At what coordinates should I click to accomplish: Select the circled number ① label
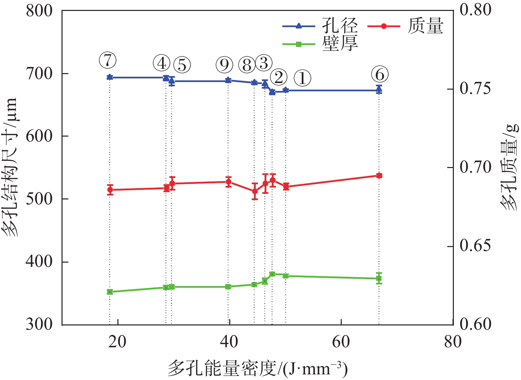(x=302, y=78)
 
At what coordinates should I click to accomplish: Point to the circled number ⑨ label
(x=224, y=64)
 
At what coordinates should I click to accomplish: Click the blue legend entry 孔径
(x=340, y=25)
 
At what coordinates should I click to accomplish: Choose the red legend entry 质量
(x=425, y=26)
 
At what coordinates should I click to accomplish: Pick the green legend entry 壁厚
(x=340, y=43)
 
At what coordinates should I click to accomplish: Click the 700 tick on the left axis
(x=39, y=73)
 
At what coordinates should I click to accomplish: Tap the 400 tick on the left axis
(x=39, y=262)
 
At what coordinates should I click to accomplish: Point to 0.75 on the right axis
(x=475, y=89)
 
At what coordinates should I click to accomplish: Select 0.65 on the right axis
(x=475, y=246)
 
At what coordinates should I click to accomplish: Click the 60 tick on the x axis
(x=341, y=342)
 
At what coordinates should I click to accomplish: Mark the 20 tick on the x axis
(x=117, y=342)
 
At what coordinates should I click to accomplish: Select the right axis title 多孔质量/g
(x=509, y=167)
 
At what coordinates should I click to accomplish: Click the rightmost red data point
(x=379, y=176)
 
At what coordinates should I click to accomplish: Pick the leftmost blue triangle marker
(x=110, y=77)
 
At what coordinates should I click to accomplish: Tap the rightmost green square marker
(x=379, y=278)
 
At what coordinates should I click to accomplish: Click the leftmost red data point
(x=110, y=190)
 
